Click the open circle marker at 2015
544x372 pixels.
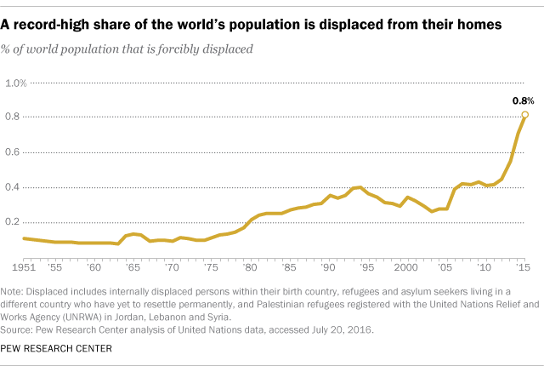click(x=524, y=114)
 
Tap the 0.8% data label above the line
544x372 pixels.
click(x=522, y=100)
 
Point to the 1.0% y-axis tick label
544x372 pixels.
click(x=16, y=83)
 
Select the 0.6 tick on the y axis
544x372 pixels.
click(x=14, y=152)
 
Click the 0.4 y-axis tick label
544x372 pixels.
click(x=14, y=187)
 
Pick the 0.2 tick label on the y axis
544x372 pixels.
click(x=14, y=222)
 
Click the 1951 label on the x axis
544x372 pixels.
click(x=22, y=266)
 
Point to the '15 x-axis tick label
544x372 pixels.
click(x=524, y=266)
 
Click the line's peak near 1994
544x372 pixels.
click(x=360, y=186)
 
